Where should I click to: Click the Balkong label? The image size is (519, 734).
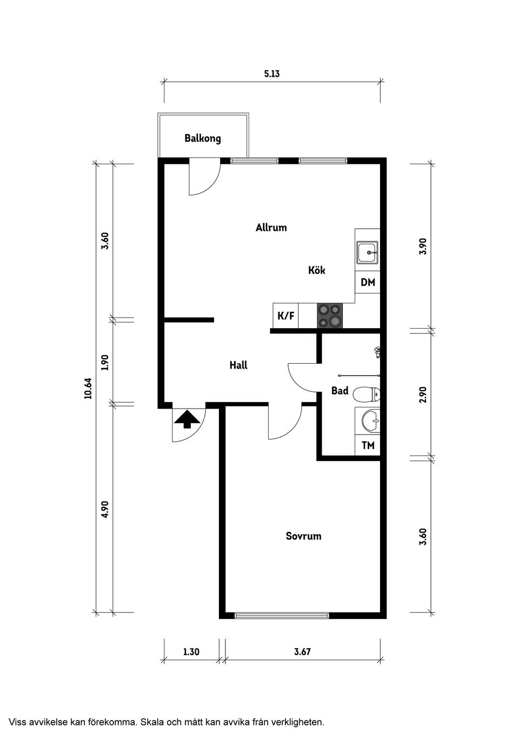(x=203, y=138)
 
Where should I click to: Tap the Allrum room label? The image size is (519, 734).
(x=271, y=228)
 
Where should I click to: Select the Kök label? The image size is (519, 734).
(x=317, y=270)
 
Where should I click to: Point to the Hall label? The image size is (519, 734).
(x=238, y=365)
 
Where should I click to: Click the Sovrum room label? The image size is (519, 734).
(x=303, y=536)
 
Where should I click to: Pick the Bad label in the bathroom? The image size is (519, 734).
(x=340, y=391)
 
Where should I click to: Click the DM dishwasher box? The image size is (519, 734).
(x=368, y=282)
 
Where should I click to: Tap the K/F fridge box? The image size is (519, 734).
(x=286, y=316)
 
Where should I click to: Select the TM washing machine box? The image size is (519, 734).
(x=368, y=446)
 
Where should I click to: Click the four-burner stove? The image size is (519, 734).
(x=330, y=316)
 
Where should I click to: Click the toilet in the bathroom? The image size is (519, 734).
(x=367, y=395)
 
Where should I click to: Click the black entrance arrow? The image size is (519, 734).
(x=187, y=419)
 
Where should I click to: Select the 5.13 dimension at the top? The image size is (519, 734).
(x=272, y=74)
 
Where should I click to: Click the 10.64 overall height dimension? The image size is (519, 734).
(x=88, y=388)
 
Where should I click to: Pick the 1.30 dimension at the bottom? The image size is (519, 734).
(x=191, y=652)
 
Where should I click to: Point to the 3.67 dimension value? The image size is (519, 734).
(x=302, y=652)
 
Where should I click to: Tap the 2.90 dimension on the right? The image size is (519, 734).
(x=423, y=395)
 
